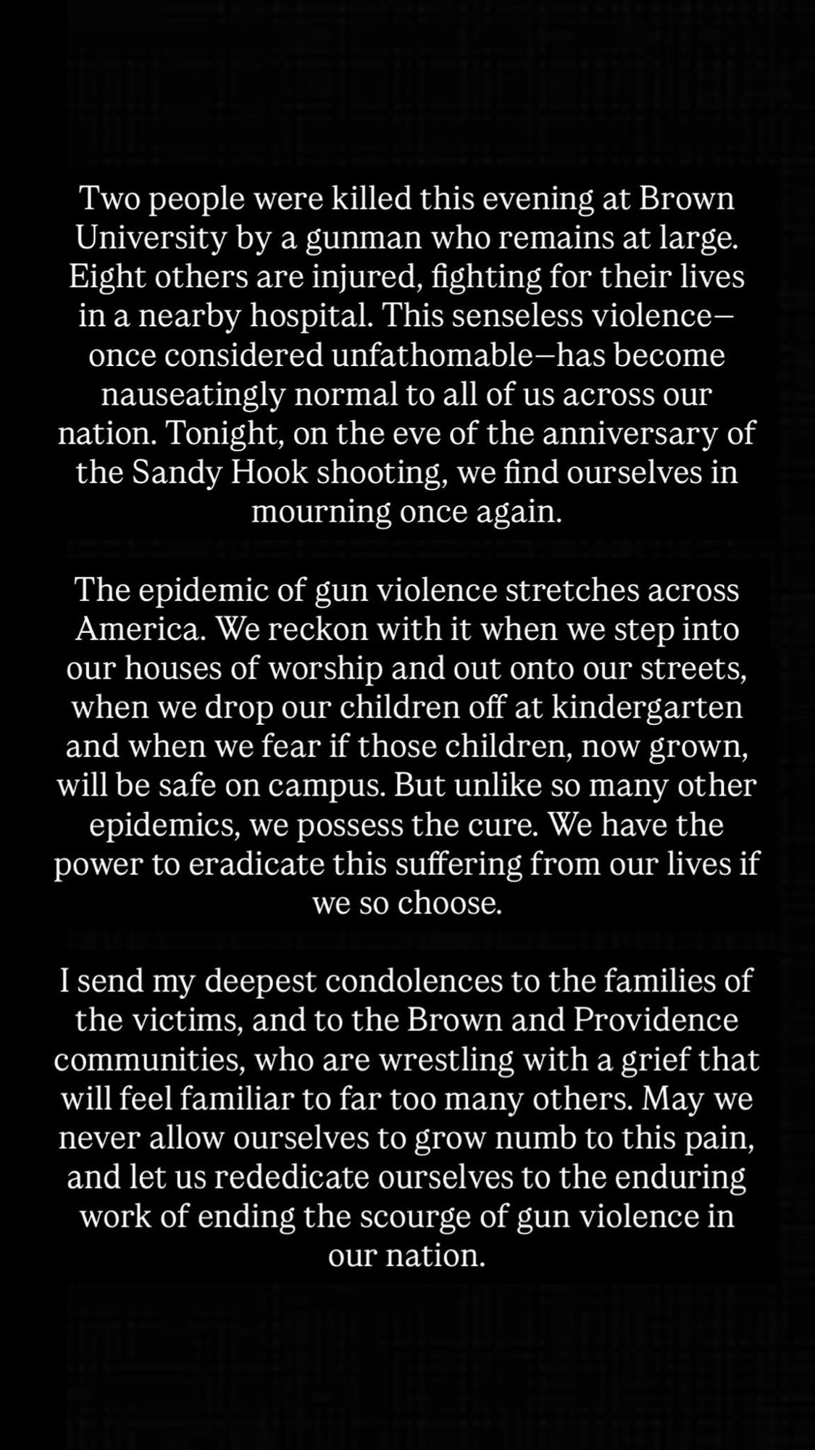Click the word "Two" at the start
tap(106, 199)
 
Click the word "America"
tap(138, 629)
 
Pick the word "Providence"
tap(656, 1021)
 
